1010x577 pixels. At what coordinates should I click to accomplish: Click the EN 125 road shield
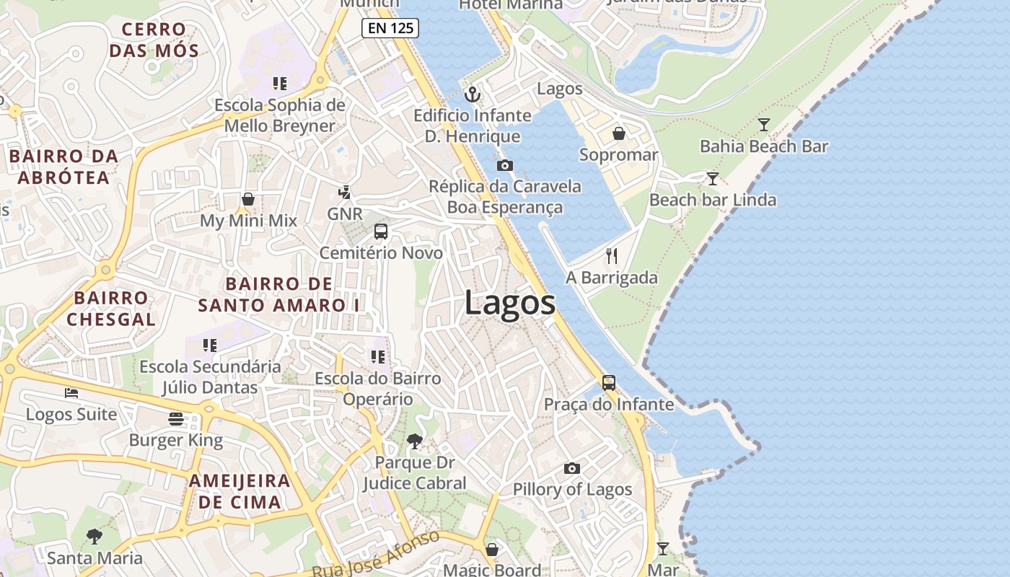[390, 28]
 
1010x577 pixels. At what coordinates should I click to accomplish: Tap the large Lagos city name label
[510, 302]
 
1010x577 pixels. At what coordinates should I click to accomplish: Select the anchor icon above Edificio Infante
[473, 94]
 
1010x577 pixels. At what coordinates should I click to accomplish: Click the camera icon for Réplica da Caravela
[505, 165]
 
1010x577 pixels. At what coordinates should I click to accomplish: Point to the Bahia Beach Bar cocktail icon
[763, 125]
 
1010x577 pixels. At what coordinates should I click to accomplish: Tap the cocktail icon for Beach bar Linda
[713, 178]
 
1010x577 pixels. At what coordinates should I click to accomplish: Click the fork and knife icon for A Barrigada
[612, 255]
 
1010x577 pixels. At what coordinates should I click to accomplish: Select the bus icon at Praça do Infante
[609, 382]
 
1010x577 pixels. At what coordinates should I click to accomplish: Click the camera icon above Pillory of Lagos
[571, 468]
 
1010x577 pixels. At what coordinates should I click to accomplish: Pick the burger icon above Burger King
[176, 418]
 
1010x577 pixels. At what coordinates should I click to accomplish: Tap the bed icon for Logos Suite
[71, 392]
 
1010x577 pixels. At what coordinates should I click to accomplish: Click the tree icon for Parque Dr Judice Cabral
[414, 441]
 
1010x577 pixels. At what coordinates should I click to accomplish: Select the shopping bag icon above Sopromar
[618, 133]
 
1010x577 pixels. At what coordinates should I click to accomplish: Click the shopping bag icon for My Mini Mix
[248, 199]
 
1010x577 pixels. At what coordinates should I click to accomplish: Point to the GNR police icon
[345, 193]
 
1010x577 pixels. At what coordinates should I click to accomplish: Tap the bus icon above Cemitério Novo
[380, 232]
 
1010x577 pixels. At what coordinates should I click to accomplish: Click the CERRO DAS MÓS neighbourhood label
[154, 40]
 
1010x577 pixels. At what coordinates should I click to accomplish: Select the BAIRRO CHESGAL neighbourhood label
[111, 308]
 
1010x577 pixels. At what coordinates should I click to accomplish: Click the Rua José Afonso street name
[375, 555]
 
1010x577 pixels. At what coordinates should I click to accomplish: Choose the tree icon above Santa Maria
[94, 536]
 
